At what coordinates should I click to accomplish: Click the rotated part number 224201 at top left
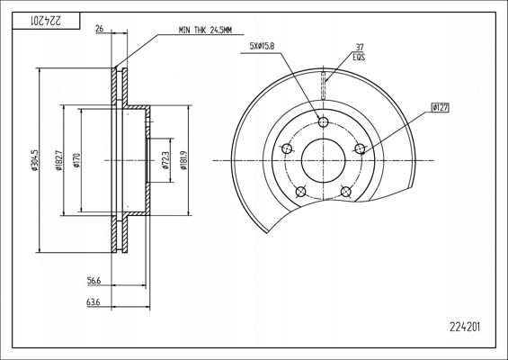click(x=46, y=21)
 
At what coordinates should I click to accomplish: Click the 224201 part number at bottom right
click(x=465, y=327)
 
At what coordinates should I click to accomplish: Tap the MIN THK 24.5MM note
click(x=205, y=31)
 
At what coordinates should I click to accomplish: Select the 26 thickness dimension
click(x=100, y=29)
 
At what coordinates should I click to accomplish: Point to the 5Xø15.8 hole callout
click(x=262, y=46)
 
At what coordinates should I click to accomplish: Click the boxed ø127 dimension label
click(x=441, y=107)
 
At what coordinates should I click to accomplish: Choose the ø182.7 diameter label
click(x=58, y=160)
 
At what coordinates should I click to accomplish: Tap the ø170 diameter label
click(x=76, y=160)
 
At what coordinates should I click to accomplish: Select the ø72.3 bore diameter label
click(x=165, y=160)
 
